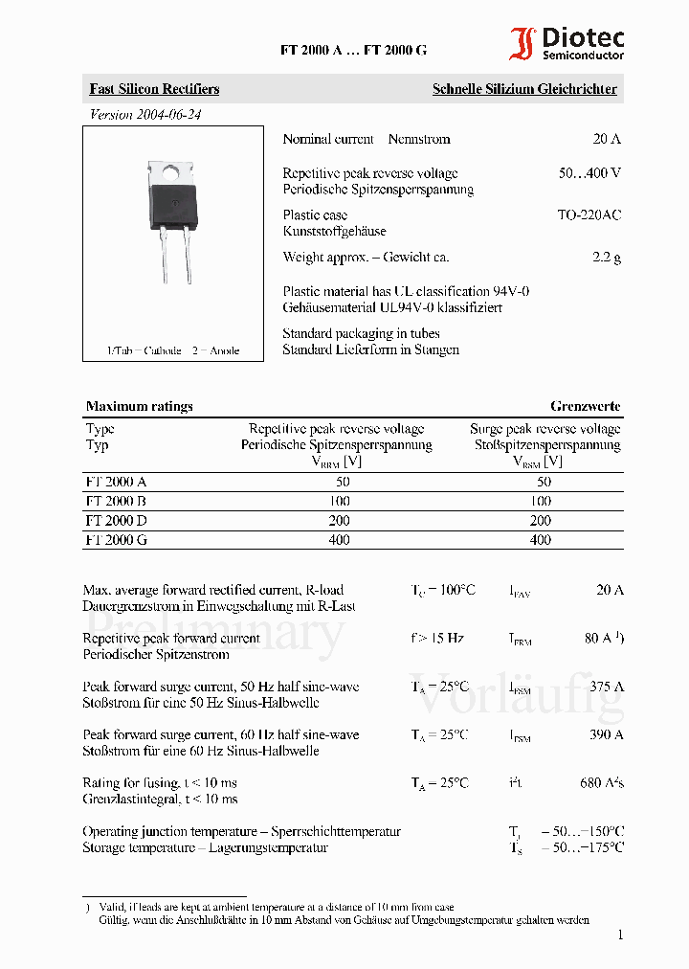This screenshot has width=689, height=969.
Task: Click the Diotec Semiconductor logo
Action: [567, 44]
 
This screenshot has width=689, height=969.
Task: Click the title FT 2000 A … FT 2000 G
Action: [353, 51]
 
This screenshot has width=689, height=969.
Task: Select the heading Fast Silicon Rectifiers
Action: [154, 89]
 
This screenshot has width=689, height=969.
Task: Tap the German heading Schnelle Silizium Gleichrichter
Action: [524, 89]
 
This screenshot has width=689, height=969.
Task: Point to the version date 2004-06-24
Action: [145, 114]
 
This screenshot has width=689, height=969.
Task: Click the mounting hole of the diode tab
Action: [171, 173]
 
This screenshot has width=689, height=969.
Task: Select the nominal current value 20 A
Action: [607, 139]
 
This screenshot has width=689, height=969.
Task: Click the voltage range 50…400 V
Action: [589, 173]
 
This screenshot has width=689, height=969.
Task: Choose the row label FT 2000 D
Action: [116, 520]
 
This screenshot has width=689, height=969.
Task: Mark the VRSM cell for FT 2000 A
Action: [541, 482]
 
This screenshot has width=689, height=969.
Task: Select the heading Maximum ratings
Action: [139, 406]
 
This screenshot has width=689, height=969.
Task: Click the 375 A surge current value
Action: [607, 687]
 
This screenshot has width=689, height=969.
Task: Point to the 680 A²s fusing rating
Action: [602, 782]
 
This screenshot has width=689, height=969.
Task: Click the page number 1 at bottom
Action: [620, 935]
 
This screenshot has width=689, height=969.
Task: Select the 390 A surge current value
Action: [607, 734]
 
